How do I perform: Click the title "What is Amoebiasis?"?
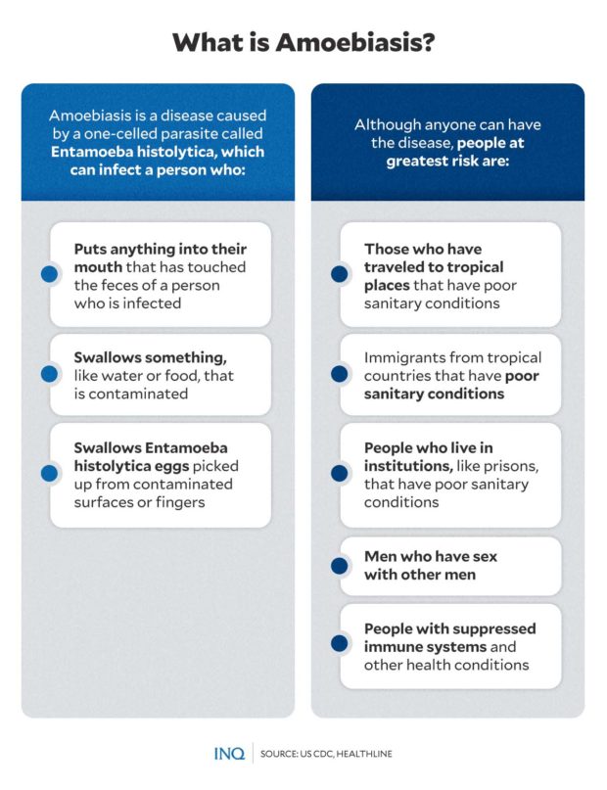tap(303, 44)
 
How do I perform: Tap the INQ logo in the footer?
tap(228, 754)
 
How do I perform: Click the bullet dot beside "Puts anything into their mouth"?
tap(49, 275)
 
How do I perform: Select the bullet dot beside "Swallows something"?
tap(49, 374)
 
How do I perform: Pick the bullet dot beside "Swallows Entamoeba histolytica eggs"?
tap(49, 474)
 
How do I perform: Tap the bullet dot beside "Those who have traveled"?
tap(340, 275)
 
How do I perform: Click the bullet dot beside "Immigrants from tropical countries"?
tap(340, 374)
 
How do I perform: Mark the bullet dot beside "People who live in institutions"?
tap(340, 474)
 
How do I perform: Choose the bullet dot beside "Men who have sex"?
tap(340, 565)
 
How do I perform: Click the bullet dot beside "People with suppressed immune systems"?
tap(340, 643)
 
